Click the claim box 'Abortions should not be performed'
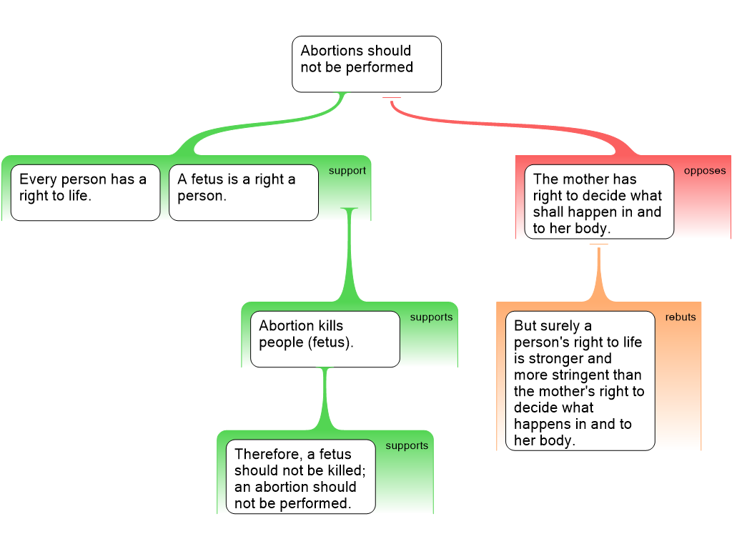(x=366, y=64)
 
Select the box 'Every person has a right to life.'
(x=85, y=192)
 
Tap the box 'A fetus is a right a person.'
(x=243, y=192)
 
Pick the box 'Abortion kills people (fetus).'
(x=325, y=339)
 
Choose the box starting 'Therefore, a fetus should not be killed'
(x=300, y=476)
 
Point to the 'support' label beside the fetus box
(x=347, y=171)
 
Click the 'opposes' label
(x=704, y=171)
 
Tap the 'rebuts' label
(x=680, y=317)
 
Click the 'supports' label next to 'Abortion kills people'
(x=431, y=317)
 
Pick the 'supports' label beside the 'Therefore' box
(x=407, y=446)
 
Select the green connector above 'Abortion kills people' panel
(x=350, y=257)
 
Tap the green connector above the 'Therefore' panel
(x=326, y=400)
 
